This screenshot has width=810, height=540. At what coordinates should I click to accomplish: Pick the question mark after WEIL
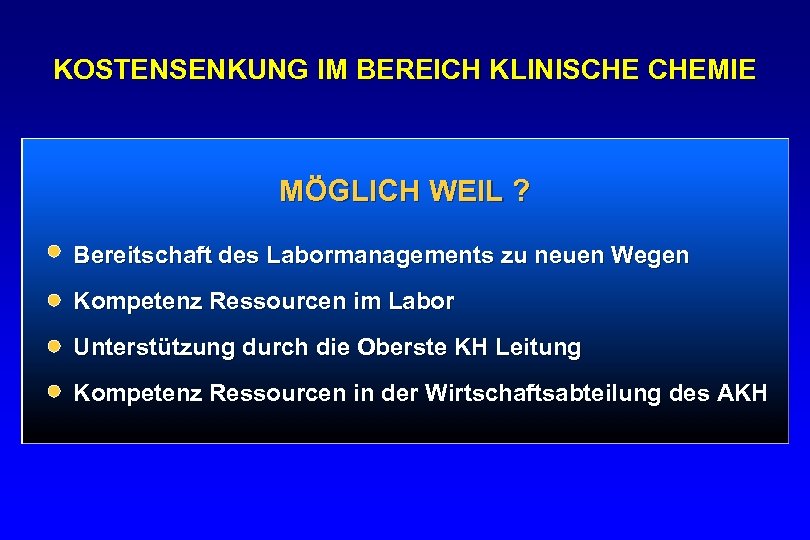click(521, 191)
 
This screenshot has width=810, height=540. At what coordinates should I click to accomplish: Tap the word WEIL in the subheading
click(465, 191)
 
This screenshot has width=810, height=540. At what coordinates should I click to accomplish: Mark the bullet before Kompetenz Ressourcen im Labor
click(54, 299)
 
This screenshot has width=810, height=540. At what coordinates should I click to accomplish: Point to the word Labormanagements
click(379, 256)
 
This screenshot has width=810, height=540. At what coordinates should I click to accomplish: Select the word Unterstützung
click(148, 348)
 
